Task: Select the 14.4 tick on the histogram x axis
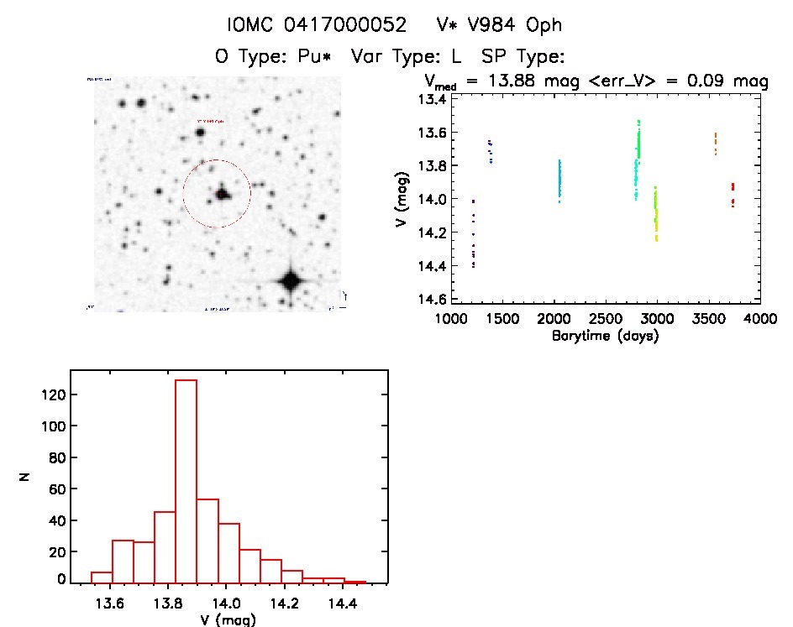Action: point(342,603)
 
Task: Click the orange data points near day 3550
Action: point(715,143)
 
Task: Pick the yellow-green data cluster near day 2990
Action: point(655,214)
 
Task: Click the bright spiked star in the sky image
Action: point(291,281)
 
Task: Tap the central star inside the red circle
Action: point(222,194)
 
